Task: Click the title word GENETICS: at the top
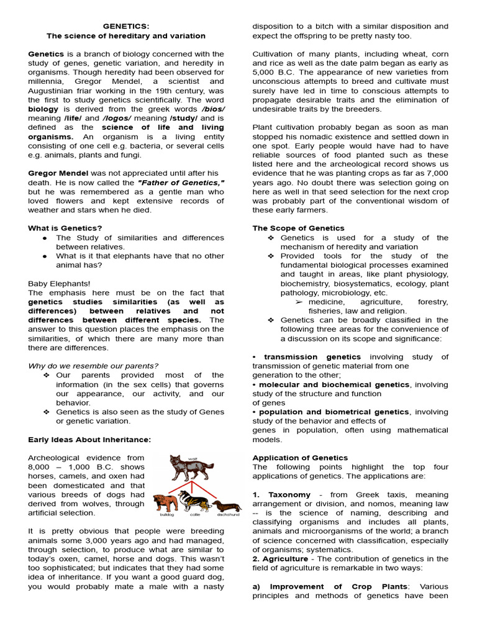click(126, 27)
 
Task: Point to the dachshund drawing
click(226, 505)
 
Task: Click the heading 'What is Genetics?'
click(65, 228)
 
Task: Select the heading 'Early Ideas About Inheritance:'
click(89, 440)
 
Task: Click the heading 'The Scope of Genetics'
click(298, 228)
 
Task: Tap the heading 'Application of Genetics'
click(300, 458)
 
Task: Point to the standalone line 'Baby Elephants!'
click(59, 283)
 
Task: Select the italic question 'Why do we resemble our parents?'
click(93, 366)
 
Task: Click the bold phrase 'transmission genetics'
click(312, 357)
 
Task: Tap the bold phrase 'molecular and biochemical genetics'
click(334, 384)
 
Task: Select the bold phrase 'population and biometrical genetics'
click(334, 412)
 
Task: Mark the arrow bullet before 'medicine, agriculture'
click(299, 302)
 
